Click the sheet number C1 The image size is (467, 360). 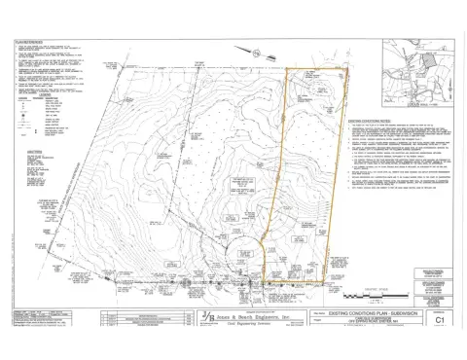point(439,318)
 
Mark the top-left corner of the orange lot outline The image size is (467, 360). point(284,70)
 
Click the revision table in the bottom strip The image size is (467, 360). point(145,318)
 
